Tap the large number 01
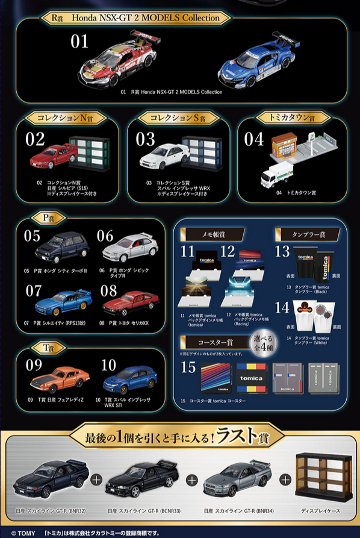(x=79, y=42)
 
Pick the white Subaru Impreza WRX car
(x=164, y=155)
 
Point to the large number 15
(x=188, y=367)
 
